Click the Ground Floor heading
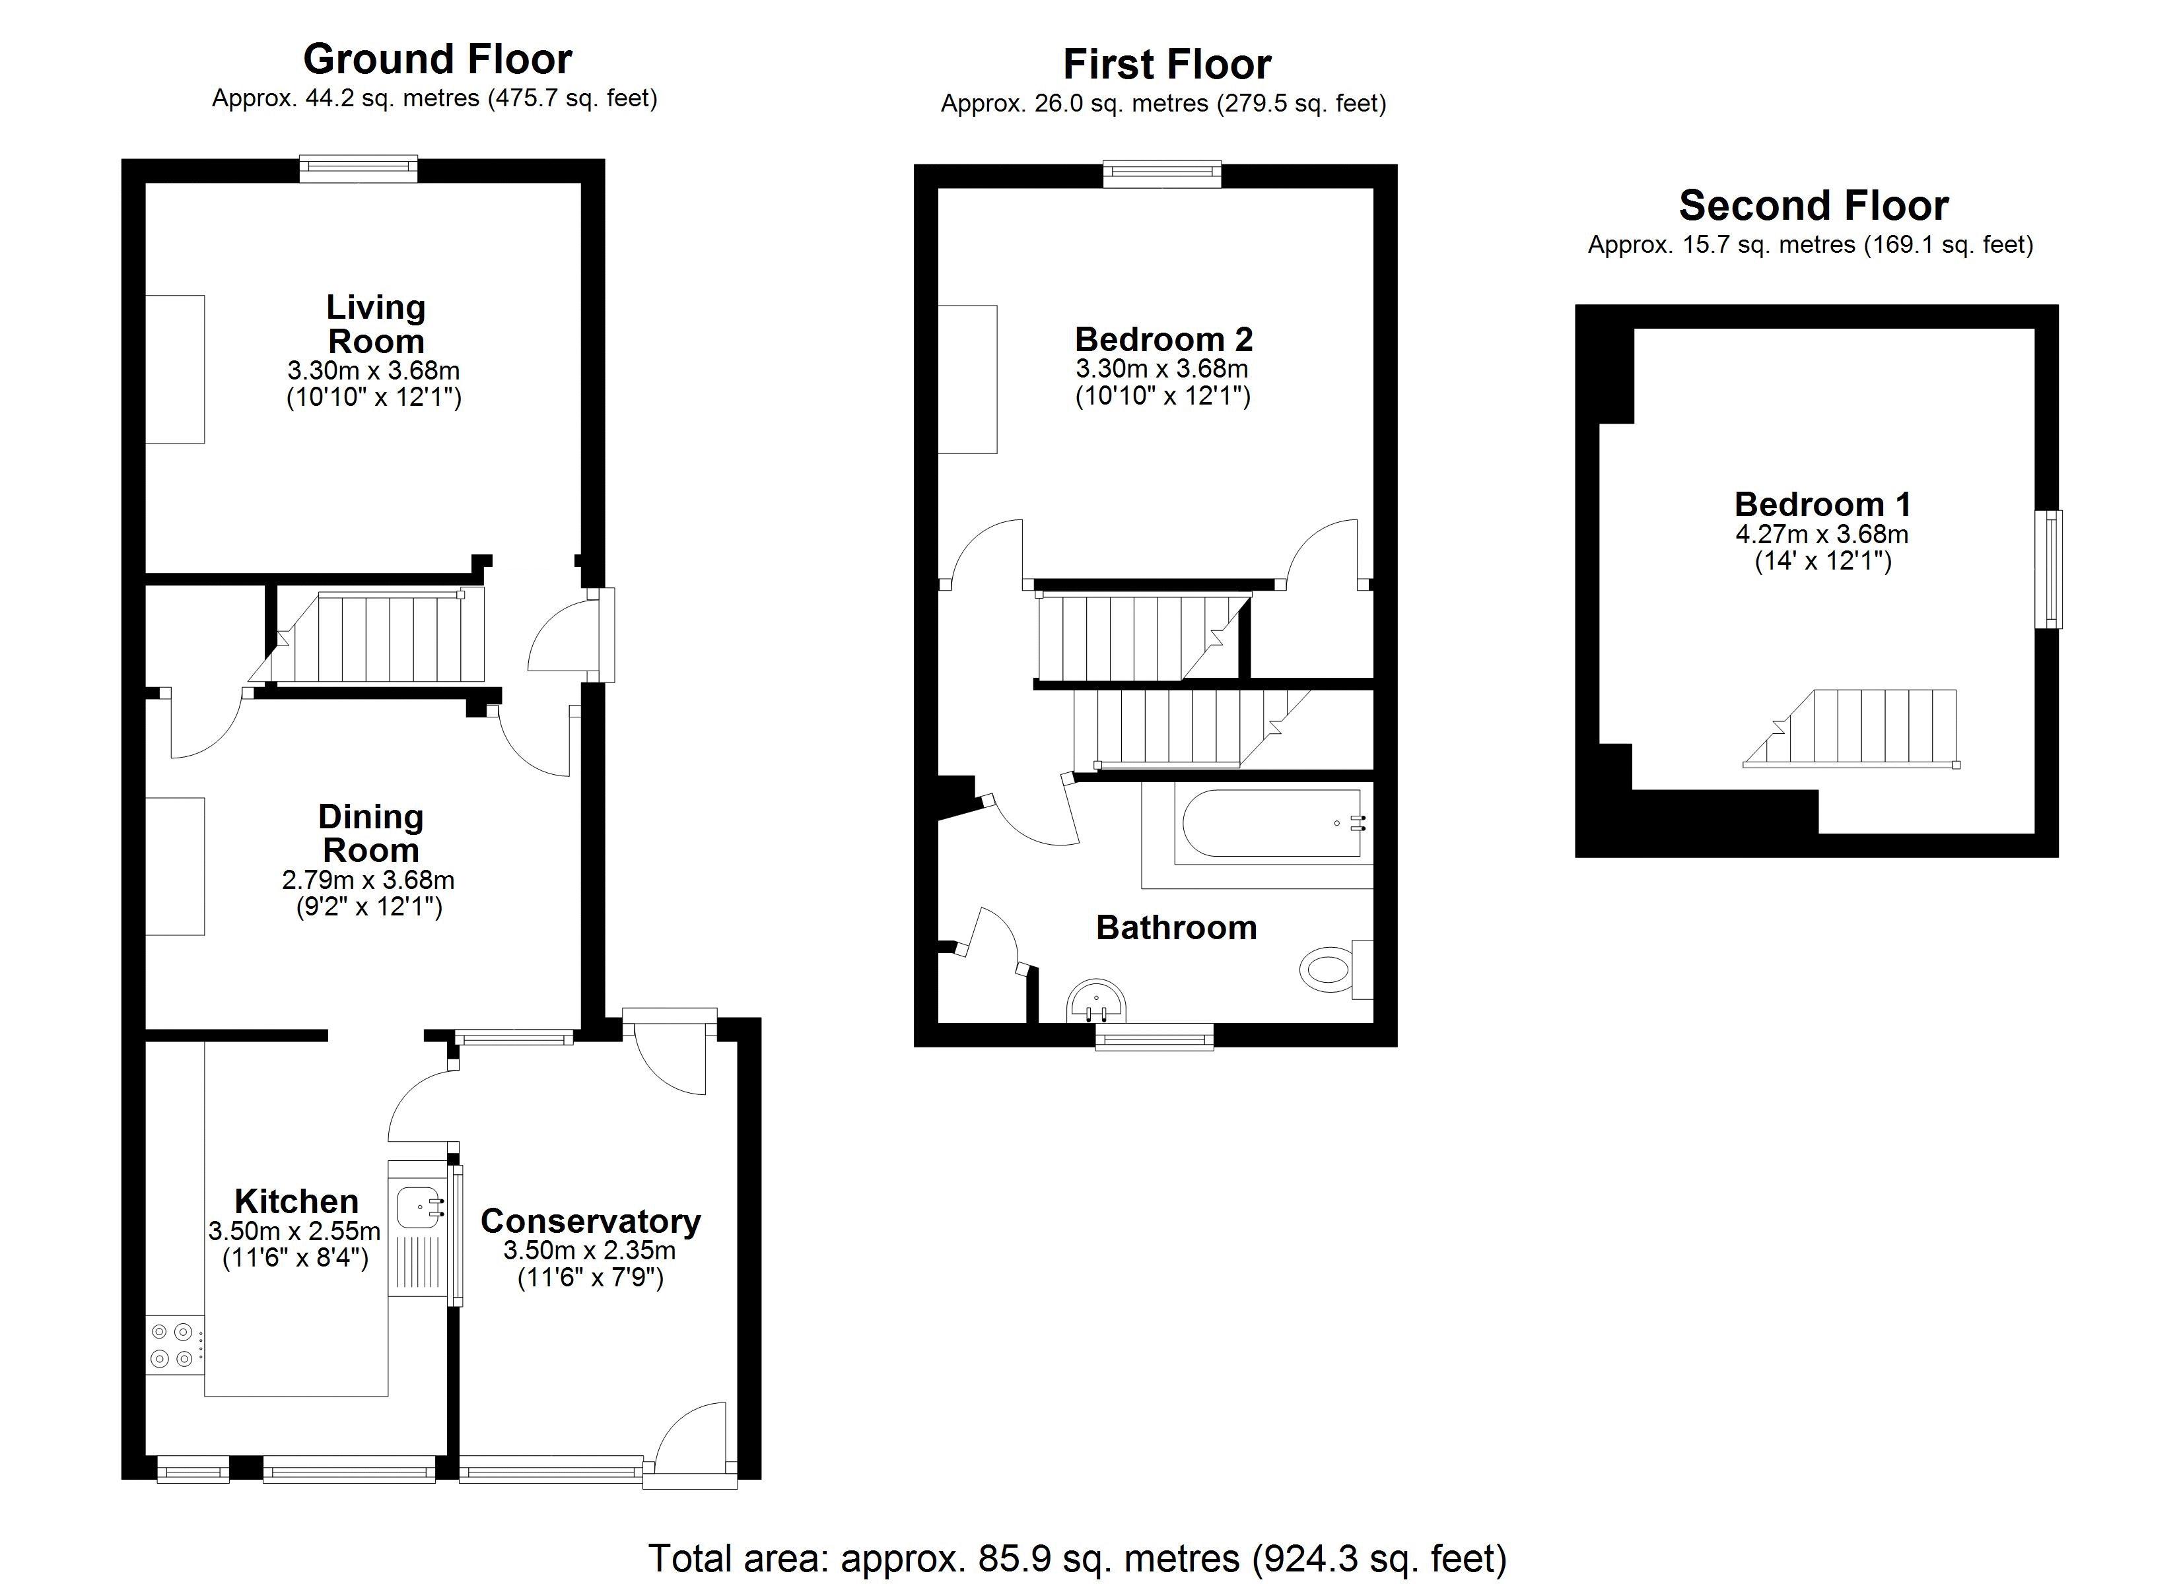pos(437,59)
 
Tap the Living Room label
pos(374,323)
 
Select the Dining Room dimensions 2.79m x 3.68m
pos(368,879)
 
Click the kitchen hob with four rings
pos(174,1345)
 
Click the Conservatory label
pos(590,1221)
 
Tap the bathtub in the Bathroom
pos(1271,823)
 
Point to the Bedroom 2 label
pos(1163,339)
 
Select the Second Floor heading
pos(1813,205)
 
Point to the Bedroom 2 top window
pos(1161,175)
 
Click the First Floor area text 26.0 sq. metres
pos(1163,104)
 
